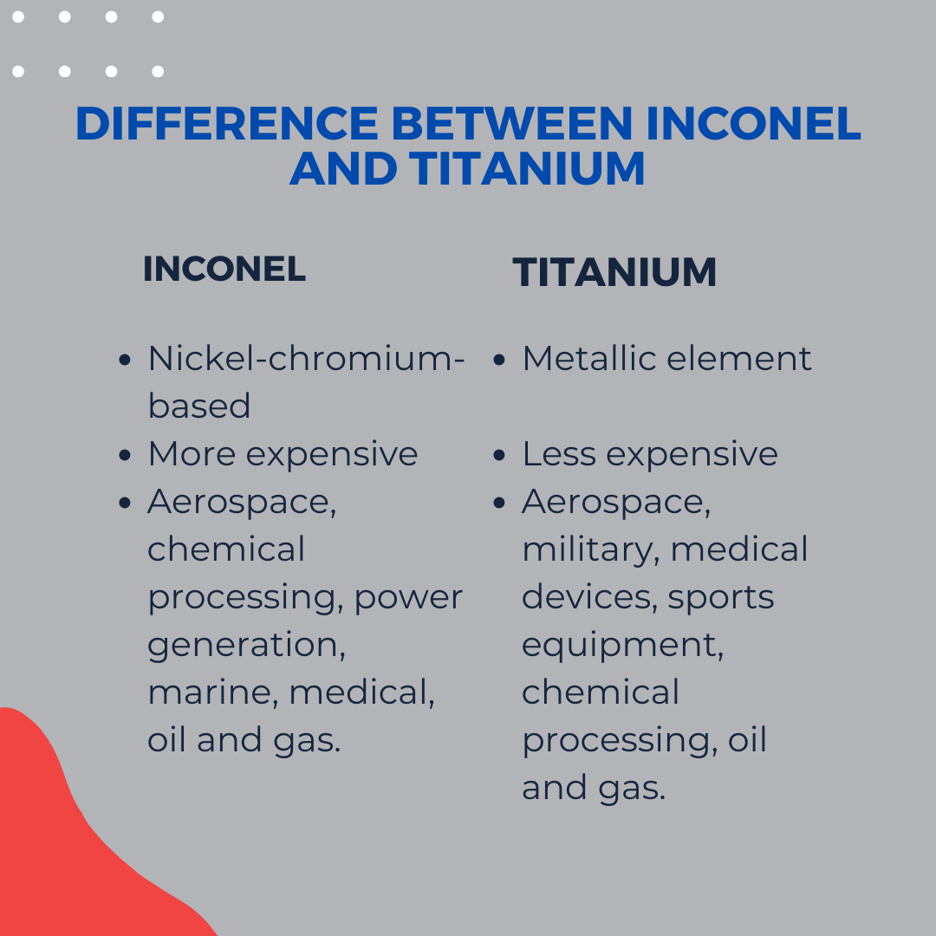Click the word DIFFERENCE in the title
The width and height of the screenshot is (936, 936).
(x=227, y=124)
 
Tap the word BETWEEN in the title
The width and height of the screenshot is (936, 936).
(x=511, y=124)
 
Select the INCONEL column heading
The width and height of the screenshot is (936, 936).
(x=224, y=269)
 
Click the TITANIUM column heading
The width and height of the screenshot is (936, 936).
(x=614, y=272)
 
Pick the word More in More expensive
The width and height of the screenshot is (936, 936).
(x=192, y=453)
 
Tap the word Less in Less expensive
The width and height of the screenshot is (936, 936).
(x=559, y=453)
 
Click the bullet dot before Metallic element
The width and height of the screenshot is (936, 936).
(x=499, y=360)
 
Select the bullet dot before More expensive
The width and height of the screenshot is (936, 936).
(x=124, y=455)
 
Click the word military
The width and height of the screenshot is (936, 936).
(x=591, y=550)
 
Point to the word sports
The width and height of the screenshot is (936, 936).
(x=720, y=598)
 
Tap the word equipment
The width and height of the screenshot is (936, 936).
(x=622, y=646)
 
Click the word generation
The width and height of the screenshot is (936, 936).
(x=246, y=646)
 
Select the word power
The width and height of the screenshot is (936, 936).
(x=408, y=598)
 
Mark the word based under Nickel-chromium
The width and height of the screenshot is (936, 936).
(x=198, y=406)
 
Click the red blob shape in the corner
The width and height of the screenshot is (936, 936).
(x=72, y=848)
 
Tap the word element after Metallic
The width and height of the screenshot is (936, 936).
(x=739, y=358)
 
